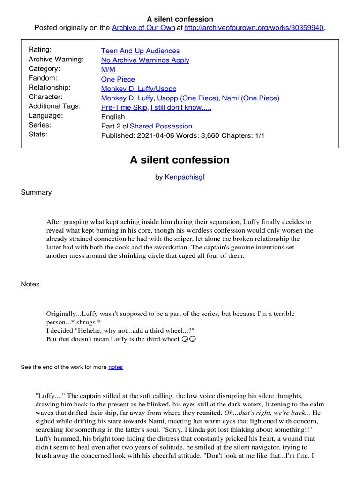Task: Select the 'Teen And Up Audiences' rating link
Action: pos(140,51)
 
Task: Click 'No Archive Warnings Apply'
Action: pos(145,60)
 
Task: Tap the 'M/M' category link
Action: pos(108,69)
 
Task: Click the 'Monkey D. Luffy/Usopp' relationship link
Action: pos(139,89)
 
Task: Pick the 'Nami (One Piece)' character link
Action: pos(250,98)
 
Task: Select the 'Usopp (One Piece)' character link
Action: pos(187,98)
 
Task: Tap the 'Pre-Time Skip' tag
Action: pos(124,107)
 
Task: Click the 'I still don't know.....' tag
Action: pos(181,107)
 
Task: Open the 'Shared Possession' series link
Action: pos(161,126)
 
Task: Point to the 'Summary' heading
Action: pos(36,192)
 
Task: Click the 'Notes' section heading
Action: pos(30,284)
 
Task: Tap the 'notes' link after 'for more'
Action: pos(115,367)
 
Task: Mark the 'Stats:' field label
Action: pos(38,135)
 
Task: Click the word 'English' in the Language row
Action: pos(113,117)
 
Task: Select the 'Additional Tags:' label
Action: pos(54,106)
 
